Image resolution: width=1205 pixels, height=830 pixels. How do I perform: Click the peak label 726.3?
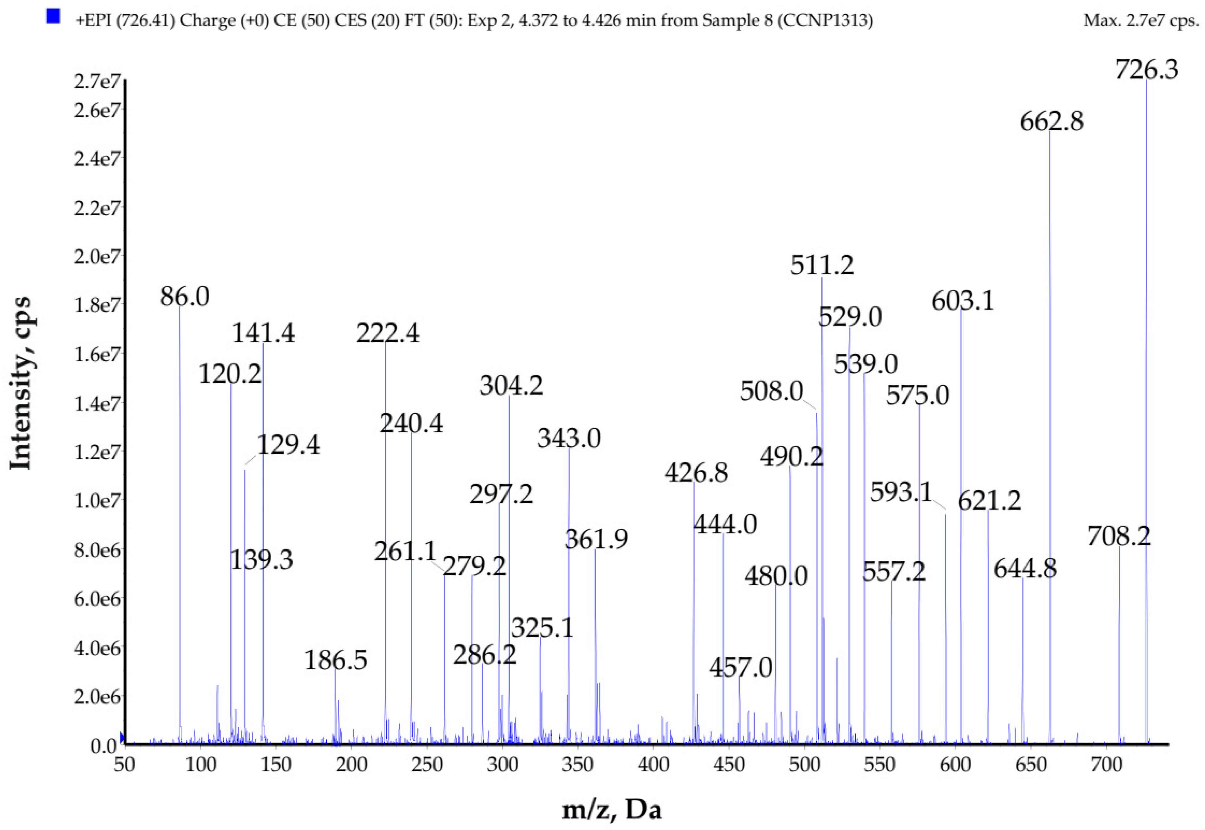(1146, 69)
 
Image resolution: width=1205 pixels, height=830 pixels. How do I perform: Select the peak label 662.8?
(1052, 122)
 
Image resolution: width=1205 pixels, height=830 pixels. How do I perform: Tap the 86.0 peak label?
(185, 297)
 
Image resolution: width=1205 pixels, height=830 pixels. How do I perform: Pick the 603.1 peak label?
(962, 301)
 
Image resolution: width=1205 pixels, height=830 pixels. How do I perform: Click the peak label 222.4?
(388, 333)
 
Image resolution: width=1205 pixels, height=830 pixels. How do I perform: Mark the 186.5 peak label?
(335, 660)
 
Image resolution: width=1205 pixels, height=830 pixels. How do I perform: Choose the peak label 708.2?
(1119, 536)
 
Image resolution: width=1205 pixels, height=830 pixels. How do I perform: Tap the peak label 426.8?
(696, 473)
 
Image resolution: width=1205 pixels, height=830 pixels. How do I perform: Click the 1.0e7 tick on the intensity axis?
(97, 501)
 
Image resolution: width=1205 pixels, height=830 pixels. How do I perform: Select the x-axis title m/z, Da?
(612, 810)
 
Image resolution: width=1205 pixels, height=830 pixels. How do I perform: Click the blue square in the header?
(53, 17)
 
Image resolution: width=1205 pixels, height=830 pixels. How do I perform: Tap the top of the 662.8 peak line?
(1050, 131)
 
